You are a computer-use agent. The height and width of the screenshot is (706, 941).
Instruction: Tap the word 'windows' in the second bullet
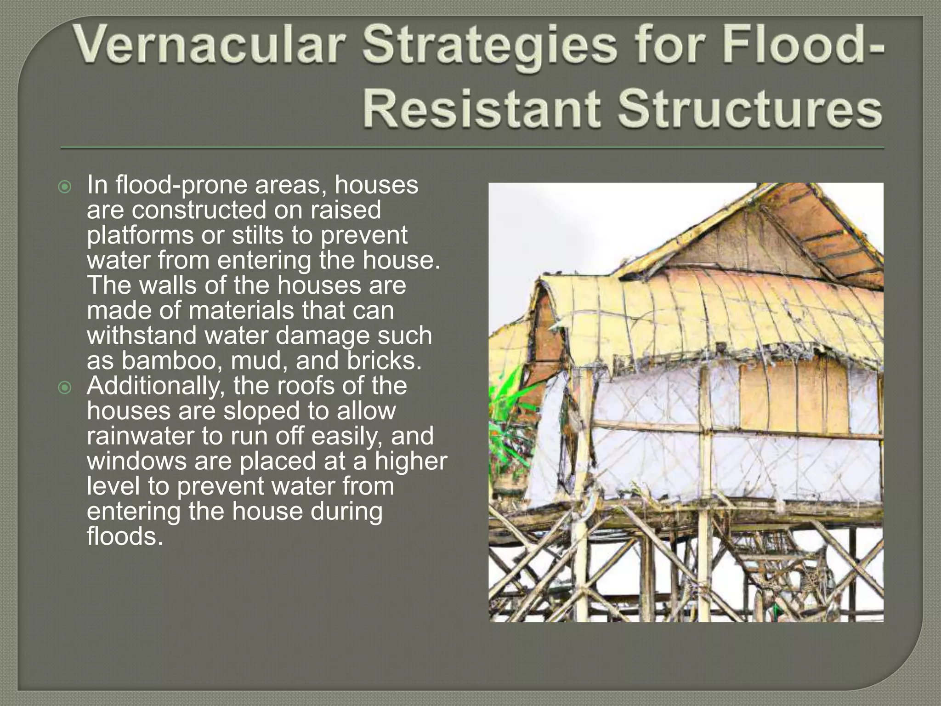(136, 461)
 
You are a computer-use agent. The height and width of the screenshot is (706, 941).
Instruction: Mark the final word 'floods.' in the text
(125, 536)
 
